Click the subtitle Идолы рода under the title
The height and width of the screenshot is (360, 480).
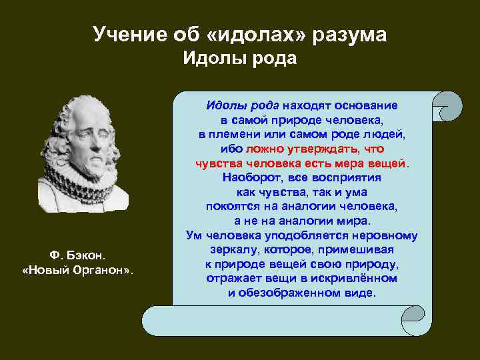(240, 59)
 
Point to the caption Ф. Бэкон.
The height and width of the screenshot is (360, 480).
(77, 255)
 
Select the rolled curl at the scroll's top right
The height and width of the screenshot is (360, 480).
(449, 106)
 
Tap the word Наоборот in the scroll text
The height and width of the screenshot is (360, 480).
(247, 178)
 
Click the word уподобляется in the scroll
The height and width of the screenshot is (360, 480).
(305, 235)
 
